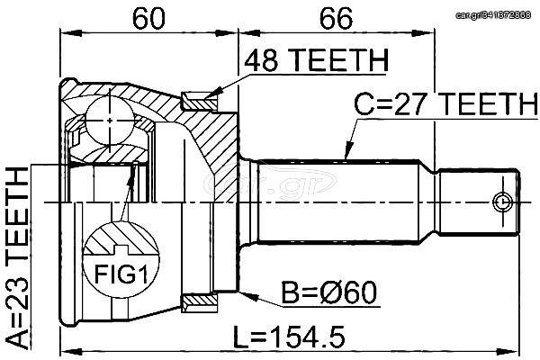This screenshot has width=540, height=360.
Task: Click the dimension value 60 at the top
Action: click(x=148, y=19)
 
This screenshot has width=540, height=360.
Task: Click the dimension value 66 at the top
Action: click(x=336, y=19)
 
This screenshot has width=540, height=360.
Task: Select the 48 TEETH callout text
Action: click(x=317, y=60)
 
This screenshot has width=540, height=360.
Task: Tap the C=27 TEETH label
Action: click(x=446, y=103)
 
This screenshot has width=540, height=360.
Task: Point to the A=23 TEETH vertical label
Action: click(x=18, y=258)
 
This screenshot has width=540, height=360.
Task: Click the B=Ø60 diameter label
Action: click(x=328, y=292)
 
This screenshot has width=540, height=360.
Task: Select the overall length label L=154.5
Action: click(x=289, y=337)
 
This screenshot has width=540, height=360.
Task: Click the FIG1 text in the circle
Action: click(x=121, y=274)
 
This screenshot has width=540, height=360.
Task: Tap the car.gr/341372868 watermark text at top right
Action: click(x=493, y=14)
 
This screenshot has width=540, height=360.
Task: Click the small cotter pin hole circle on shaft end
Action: click(x=502, y=202)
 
